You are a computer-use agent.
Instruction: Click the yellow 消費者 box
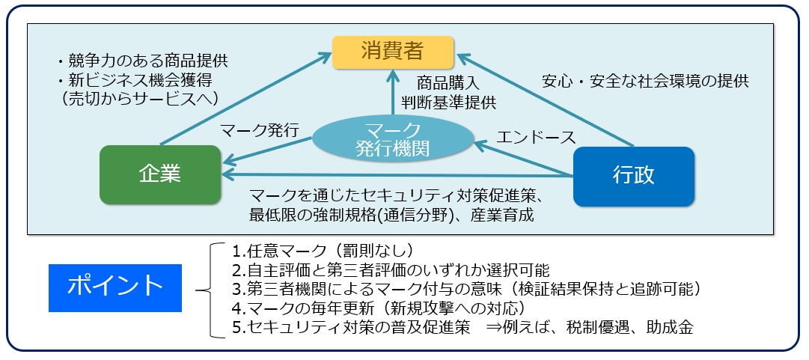392,51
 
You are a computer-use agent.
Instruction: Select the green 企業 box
160,174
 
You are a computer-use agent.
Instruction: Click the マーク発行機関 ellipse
391,138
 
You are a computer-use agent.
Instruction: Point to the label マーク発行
260,130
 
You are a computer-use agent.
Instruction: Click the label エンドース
537,137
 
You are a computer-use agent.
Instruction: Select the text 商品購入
448,82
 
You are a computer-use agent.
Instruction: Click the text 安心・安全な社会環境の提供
644,80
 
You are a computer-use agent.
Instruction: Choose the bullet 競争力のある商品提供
142,60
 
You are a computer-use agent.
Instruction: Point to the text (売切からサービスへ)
141,97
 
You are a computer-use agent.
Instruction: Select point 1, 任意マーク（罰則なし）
323,250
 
